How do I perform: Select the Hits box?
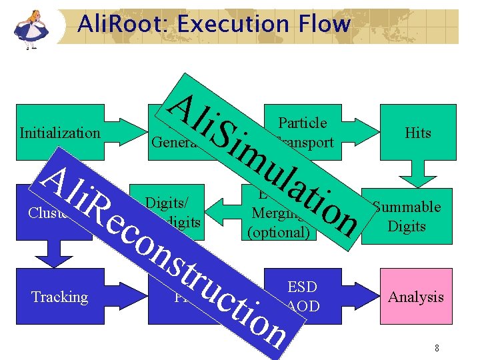(418, 133)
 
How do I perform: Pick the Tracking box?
(59, 297)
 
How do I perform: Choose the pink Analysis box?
(416, 297)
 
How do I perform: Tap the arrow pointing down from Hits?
(418, 175)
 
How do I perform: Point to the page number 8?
(436, 348)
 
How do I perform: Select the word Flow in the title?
(324, 25)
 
